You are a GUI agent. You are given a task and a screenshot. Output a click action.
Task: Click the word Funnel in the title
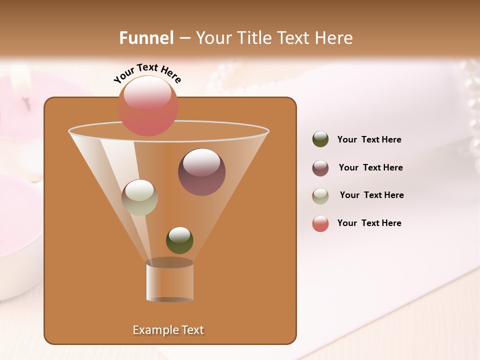(146, 38)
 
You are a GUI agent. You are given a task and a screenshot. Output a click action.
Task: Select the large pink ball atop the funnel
(148, 105)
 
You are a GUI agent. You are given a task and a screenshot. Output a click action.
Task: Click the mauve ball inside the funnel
(201, 172)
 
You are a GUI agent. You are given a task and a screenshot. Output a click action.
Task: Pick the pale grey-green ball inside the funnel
(139, 197)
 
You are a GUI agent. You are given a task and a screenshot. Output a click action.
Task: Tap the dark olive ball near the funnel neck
(179, 240)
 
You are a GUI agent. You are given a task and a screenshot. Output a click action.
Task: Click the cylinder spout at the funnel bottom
(169, 280)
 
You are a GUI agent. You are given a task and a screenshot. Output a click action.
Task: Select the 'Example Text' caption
(168, 330)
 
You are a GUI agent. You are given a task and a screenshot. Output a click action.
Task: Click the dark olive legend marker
(320, 139)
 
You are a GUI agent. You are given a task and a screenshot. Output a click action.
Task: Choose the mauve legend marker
(320, 168)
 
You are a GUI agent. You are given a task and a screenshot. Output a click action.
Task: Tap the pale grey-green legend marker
(320, 196)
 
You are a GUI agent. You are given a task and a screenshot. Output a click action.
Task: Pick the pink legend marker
(320, 223)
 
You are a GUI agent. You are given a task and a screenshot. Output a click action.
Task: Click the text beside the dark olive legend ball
(369, 140)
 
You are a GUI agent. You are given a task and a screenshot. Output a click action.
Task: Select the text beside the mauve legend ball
(370, 167)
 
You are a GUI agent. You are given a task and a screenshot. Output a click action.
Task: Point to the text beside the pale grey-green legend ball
(371, 195)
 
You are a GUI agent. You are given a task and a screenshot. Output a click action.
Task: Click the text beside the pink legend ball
(369, 223)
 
